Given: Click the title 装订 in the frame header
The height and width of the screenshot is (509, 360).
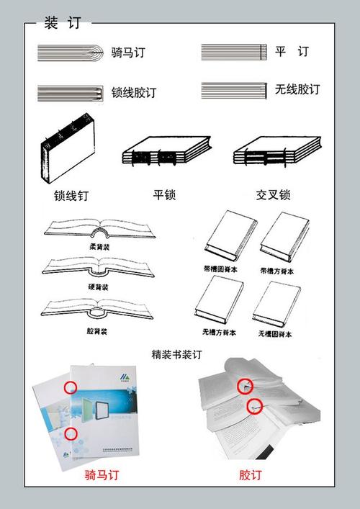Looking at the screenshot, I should [x=61, y=24].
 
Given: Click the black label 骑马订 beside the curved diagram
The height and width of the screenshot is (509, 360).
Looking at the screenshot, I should [x=128, y=52].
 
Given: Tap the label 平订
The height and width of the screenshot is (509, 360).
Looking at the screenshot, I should [x=292, y=52].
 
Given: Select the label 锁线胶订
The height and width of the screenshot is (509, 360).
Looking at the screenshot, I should [x=134, y=93].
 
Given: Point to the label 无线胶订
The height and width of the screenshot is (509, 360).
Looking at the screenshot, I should [x=297, y=90].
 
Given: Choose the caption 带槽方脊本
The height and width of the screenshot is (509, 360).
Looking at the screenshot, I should [x=277, y=271].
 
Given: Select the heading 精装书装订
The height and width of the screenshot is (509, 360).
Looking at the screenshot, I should [x=177, y=354].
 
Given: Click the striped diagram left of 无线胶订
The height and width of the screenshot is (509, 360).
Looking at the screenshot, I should [x=234, y=91].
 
